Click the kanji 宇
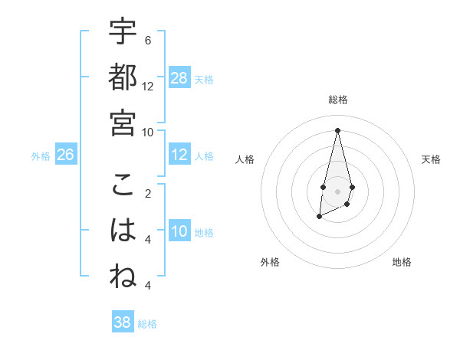pyautogui.click(x=123, y=33)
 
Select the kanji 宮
pyautogui.click(x=123, y=123)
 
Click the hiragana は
pyautogui.click(x=123, y=231)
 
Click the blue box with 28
pyautogui.click(x=179, y=77)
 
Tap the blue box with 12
pyautogui.click(x=179, y=155)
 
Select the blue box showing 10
pyautogui.click(x=179, y=231)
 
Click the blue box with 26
pyautogui.click(x=65, y=155)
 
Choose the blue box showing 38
pyautogui.click(x=123, y=322)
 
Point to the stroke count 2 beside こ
pyautogui.click(x=148, y=194)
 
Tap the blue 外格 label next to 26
pyautogui.click(x=41, y=156)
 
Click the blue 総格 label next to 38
pyautogui.click(x=147, y=324)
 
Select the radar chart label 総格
pyautogui.click(x=337, y=100)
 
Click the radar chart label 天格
pyautogui.click(x=431, y=159)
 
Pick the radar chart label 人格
pyautogui.click(x=245, y=159)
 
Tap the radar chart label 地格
pyautogui.click(x=402, y=262)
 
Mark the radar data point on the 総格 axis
pyautogui.click(x=337, y=129)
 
